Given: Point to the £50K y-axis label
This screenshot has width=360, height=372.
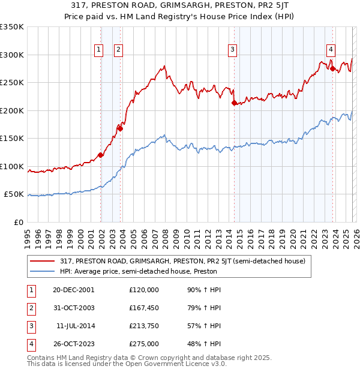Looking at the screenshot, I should click(14, 194).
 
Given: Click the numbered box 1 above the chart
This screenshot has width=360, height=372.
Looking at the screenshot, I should click(98, 50).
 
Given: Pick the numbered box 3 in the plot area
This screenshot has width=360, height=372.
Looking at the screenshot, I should click(232, 50).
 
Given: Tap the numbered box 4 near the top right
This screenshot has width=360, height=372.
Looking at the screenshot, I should click(331, 50).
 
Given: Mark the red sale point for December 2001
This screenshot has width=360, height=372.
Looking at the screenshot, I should click(101, 155).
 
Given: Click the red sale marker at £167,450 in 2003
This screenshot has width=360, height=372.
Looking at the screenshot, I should click(121, 128).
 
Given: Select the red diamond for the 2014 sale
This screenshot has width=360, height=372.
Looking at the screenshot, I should click(234, 103).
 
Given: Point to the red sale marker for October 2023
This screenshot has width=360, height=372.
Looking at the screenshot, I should click(332, 68).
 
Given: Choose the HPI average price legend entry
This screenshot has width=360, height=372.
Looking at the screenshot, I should click(138, 272).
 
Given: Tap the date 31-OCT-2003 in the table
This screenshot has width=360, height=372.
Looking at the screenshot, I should click(74, 308).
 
